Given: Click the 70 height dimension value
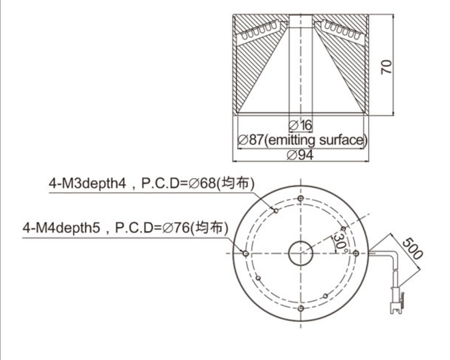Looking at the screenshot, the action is (x=386, y=67).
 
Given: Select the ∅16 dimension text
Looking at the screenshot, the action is (x=300, y=125).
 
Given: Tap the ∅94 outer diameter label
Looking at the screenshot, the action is (x=300, y=155).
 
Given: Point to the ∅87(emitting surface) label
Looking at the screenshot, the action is (x=302, y=140).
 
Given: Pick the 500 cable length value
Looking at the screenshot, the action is (x=412, y=248).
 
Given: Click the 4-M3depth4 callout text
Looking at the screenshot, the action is (x=87, y=183).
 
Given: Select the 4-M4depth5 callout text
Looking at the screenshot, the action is (x=61, y=228).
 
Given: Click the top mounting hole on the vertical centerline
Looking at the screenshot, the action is (x=300, y=198).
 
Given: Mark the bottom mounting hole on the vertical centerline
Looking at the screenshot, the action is (x=300, y=308).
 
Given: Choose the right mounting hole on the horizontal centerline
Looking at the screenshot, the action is (x=356, y=253).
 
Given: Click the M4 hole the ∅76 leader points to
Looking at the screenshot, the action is (x=246, y=253).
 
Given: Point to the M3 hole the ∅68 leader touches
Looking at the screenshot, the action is (x=276, y=211).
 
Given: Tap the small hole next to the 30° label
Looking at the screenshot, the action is (x=343, y=229).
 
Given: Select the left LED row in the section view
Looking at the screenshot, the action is (x=259, y=32).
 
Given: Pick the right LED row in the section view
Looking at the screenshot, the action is (x=340, y=31).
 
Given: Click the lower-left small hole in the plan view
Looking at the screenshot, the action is (x=258, y=278).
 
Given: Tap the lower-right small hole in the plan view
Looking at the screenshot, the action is (x=325, y=296).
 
